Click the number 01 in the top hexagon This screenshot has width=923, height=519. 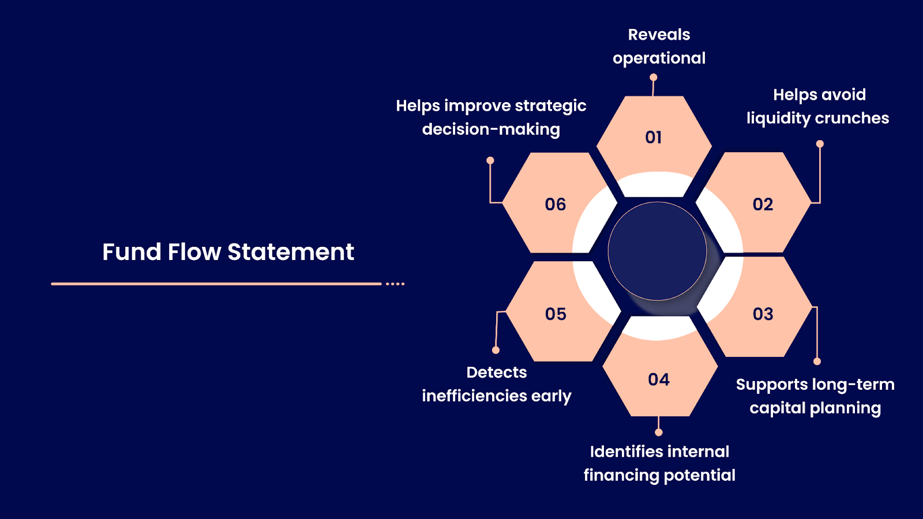click(x=654, y=137)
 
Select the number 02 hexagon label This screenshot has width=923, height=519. click(x=763, y=204)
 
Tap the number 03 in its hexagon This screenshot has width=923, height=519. click(x=763, y=314)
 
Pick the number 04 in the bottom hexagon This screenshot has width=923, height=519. click(x=659, y=379)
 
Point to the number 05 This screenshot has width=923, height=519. click(x=556, y=314)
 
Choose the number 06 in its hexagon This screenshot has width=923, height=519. click(x=556, y=204)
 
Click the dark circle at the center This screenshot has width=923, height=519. click(x=657, y=251)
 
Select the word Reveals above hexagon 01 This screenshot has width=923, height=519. click(x=659, y=35)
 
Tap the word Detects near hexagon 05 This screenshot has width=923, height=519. click(x=496, y=373)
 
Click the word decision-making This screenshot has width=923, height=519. click(x=491, y=129)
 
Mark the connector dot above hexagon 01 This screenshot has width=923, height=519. click(x=654, y=77)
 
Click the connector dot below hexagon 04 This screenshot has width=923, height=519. click(x=659, y=432)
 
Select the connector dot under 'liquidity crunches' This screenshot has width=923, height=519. click(x=820, y=144)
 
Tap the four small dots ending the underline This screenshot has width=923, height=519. click(x=395, y=284)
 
